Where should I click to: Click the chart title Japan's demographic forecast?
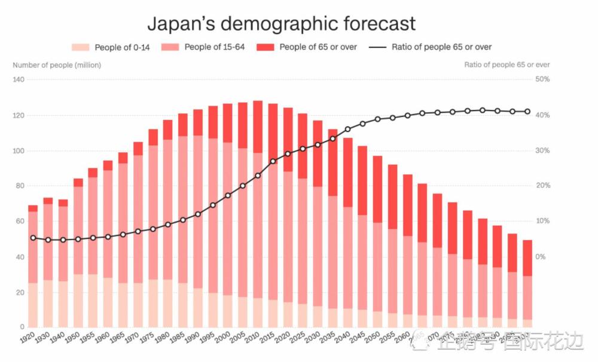[281, 23]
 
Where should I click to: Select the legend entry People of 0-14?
[110, 47]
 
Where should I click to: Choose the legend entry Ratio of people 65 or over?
[431, 47]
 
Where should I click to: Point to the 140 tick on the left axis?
[18, 79]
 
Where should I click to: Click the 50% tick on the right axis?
[542, 79]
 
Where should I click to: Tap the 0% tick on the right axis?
[541, 257]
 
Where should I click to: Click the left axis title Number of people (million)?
[57, 65]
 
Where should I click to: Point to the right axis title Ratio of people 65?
[507, 65]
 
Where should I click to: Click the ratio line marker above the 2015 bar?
[273, 161]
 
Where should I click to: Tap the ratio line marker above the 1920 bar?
[33, 238]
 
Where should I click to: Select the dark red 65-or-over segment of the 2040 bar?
[347, 172]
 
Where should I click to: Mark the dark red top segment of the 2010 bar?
[258, 127]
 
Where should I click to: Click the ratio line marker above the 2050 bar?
[377, 119]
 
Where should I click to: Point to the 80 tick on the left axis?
[18, 186]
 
